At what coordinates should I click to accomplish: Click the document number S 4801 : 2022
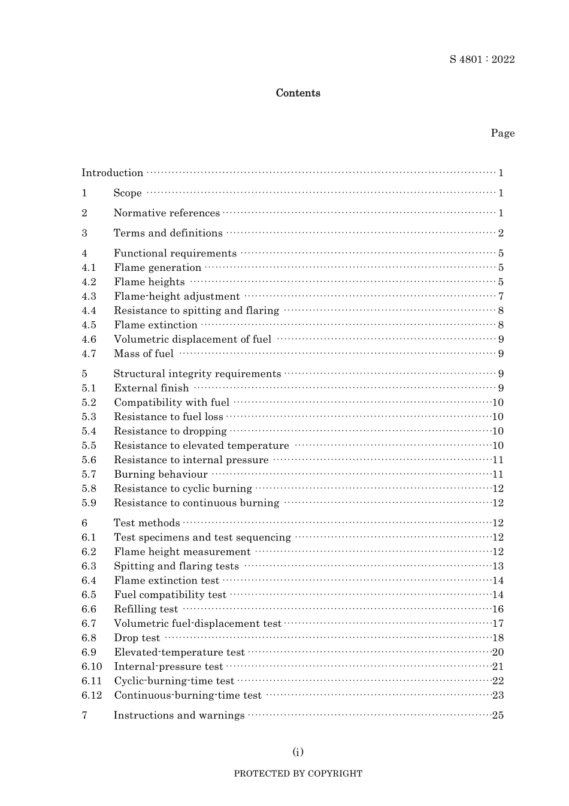click(x=482, y=59)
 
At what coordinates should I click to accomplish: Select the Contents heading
click(x=298, y=93)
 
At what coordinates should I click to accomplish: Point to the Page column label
click(x=503, y=133)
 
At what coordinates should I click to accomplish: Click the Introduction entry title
click(x=113, y=173)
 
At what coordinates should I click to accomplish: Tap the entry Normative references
click(x=167, y=213)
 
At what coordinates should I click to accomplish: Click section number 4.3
click(x=89, y=297)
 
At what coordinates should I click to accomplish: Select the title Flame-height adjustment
click(x=177, y=297)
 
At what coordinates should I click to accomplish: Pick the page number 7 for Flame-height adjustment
click(x=501, y=297)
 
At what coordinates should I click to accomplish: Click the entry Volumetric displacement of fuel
click(x=192, y=340)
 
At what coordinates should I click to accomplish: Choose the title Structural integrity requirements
click(x=197, y=374)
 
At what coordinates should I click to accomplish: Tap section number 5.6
click(x=89, y=460)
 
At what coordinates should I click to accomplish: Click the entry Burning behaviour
click(x=161, y=475)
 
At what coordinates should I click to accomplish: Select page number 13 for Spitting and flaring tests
click(x=498, y=566)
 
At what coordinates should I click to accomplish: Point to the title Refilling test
click(x=146, y=609)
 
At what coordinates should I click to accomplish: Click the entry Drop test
click(x=137, y=638)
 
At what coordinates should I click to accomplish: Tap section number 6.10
click(x=92, y=667)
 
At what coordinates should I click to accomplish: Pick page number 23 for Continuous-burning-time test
click(x=498, y=696)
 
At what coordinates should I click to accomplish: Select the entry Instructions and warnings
click(x=179, y=716)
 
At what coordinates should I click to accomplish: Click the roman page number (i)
click(x=298, y=752)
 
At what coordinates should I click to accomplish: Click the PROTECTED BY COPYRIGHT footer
click(x=298, y=774)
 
